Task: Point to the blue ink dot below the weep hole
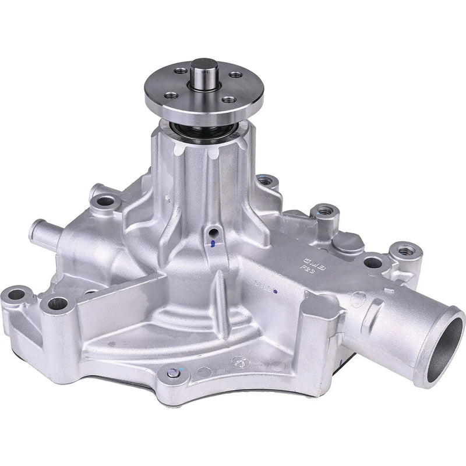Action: (x=213, y=244)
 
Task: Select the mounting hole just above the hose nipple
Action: (x=105, y=202)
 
